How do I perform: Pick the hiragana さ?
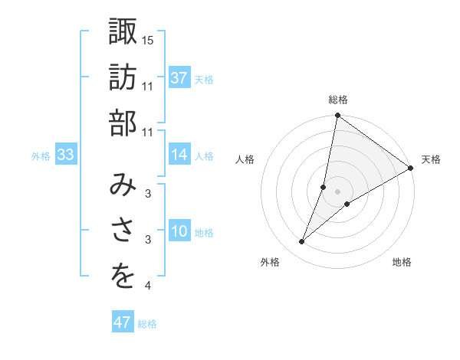pos(123,231)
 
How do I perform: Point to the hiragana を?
pos(123,277)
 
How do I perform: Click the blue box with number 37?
pos(179,77)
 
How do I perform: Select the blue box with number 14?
pos(179,155)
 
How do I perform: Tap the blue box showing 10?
pos(179,232)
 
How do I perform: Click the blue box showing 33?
pos(65,155)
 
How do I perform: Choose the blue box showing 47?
pos(123,322)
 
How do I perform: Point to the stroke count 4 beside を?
pos(148,286)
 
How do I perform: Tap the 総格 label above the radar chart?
pos(337,100)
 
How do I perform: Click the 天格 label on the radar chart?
pos(431,159)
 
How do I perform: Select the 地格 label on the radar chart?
pos(402,262)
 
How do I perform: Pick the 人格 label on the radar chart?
pos(245,159)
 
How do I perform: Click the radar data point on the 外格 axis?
pos(302,242)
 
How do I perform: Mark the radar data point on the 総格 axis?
pos(337,116)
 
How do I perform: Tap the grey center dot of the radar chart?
pos(337,191)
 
